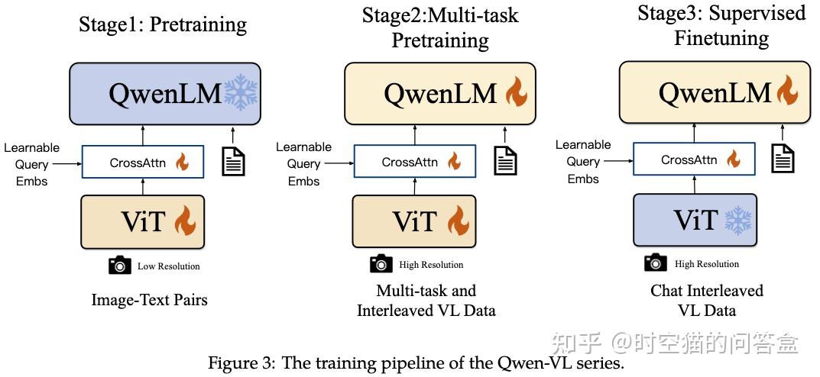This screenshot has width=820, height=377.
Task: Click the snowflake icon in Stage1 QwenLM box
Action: coord(241,93)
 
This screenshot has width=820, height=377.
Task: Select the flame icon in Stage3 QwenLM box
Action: coord(787,92)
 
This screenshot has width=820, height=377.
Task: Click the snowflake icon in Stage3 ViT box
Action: coord(737,221)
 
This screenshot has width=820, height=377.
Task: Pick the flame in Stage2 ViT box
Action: coord(457,221)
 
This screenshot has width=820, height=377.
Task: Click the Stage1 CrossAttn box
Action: coord(143,163)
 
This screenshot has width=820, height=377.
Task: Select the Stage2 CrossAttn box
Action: coord(415,162)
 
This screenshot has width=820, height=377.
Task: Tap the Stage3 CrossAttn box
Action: coord(694,160)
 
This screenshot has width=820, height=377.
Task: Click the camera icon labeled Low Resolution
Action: coord(120,266)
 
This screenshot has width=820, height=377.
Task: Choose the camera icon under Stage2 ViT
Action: coord(381,264)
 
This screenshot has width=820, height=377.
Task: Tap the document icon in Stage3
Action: coord(783,158)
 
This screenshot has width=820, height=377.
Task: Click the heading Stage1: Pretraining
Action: coord(163,24)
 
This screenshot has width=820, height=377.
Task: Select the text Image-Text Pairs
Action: coord(149,300)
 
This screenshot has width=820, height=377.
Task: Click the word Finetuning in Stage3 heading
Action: coord(721,37)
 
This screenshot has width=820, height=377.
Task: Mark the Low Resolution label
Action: coord(168,266)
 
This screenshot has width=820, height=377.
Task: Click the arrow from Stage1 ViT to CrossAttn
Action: coord(143,185)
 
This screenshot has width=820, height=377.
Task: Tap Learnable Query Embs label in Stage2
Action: coord(303,163)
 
